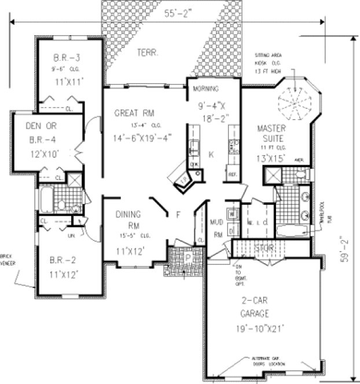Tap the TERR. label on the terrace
pyautogui.click(x=148, y=53)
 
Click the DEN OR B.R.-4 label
pyautogui.click(x=43, y=133)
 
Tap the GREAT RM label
pyautogui.click(x=135, y=112)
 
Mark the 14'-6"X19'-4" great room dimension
pyautogui.click(x=142, y=138)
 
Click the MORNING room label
pyautogui.click(x=204, y=89)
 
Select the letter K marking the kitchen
pyautogui.click(x=211, y=154)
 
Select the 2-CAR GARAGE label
pyautogui.click(x=255, y=308)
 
